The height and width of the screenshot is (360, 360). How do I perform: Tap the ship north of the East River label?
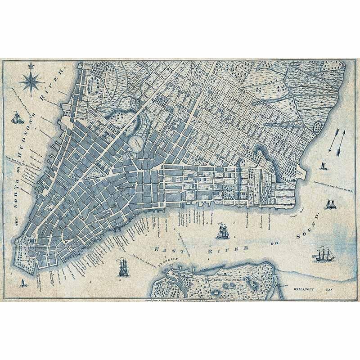(x=222, y=231)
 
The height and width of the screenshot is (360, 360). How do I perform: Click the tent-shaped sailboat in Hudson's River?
(x=17, y=118)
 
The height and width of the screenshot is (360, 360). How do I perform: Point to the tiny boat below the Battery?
(x=23, y=283)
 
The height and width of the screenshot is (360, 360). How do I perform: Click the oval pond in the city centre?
(x=136, y=143)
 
